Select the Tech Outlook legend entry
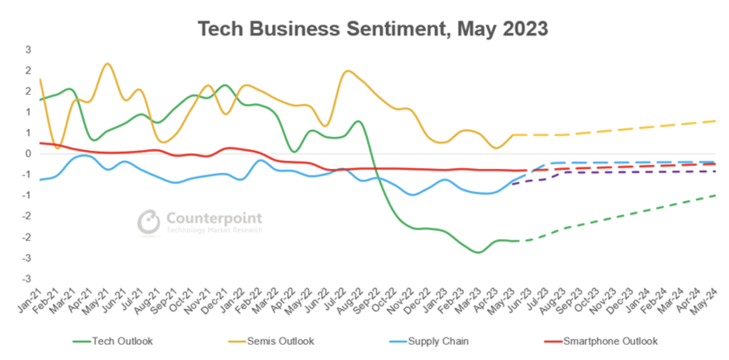pos(113,341)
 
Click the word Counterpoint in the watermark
pos(214,218)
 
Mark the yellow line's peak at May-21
pos(108,64)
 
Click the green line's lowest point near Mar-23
pos(477,252)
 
